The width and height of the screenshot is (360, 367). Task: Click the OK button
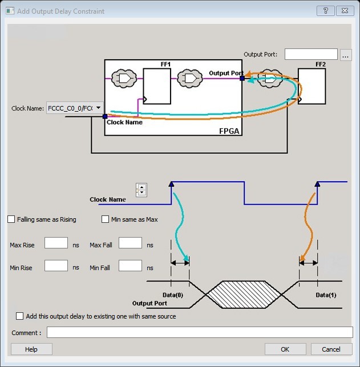[285, 349]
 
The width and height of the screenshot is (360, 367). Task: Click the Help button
[31, 349]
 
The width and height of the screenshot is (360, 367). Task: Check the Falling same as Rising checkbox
[11, 219]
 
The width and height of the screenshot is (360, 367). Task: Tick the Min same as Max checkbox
[105, 219]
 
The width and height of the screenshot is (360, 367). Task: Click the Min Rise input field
[56, 266]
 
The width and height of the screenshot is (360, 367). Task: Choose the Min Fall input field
[130, 266]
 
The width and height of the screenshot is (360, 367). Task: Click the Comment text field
[200, 332]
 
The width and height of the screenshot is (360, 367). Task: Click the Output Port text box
[310, 55]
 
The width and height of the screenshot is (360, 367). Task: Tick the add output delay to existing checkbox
[20, 316]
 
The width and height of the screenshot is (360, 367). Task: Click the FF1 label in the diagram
[167, 64]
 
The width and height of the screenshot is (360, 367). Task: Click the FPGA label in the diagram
[230, 131]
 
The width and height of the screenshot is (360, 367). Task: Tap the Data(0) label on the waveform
[172, 295]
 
